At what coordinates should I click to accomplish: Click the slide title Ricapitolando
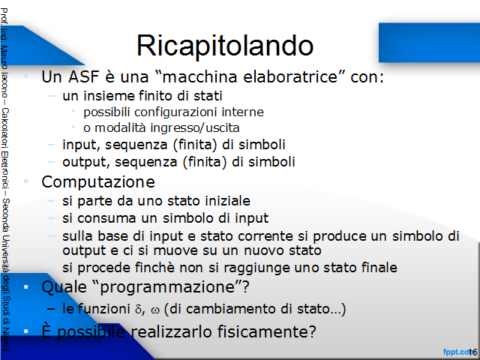[x=225, y=46]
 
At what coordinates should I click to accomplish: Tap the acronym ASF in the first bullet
[x=83, y=76]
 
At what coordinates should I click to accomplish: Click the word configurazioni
[x=175, y=112]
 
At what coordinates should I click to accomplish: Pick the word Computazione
[x=98, y=182]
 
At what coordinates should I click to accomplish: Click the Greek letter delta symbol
[x=138, y=309]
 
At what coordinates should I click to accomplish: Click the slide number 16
[x=472, y=352]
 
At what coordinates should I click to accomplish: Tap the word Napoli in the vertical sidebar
[x=6, y=340]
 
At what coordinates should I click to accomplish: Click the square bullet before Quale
[x=26, y=287]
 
